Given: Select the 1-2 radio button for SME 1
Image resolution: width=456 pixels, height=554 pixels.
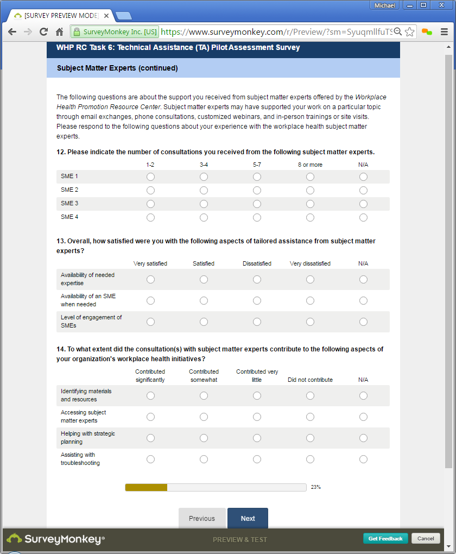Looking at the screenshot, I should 150,177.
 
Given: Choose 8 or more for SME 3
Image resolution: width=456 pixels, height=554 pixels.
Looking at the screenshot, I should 310,204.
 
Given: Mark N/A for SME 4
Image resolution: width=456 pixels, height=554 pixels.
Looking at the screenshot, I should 363,218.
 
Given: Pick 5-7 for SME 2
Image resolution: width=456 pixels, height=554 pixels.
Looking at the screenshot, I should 257,191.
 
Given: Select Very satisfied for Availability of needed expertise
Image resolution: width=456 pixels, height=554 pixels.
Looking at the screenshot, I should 150,280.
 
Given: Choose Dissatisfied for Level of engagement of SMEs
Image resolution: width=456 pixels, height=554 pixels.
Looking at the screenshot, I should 257,322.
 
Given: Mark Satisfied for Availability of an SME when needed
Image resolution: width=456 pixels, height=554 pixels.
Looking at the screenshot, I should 204,301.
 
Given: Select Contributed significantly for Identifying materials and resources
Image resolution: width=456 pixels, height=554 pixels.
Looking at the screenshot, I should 150,396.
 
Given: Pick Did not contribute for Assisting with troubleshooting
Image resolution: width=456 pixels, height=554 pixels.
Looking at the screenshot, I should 310,459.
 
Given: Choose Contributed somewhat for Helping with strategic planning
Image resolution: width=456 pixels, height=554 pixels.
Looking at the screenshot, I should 204,438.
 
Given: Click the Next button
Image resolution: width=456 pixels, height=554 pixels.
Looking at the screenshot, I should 248,519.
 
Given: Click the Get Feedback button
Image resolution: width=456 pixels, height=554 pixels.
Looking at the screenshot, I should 385,538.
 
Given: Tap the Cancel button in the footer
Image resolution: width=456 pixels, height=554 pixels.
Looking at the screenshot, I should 426,538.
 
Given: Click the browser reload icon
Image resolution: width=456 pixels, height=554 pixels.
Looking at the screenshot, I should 43,32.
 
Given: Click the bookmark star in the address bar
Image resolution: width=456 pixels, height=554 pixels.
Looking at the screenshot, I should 409,32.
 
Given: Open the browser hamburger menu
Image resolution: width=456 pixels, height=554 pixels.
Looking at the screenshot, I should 444,32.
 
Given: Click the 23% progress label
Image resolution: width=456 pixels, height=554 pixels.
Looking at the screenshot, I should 316,487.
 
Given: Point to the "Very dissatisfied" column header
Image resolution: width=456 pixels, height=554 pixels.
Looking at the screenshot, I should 310,264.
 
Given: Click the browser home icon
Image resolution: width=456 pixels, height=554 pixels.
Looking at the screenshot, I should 60,32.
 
